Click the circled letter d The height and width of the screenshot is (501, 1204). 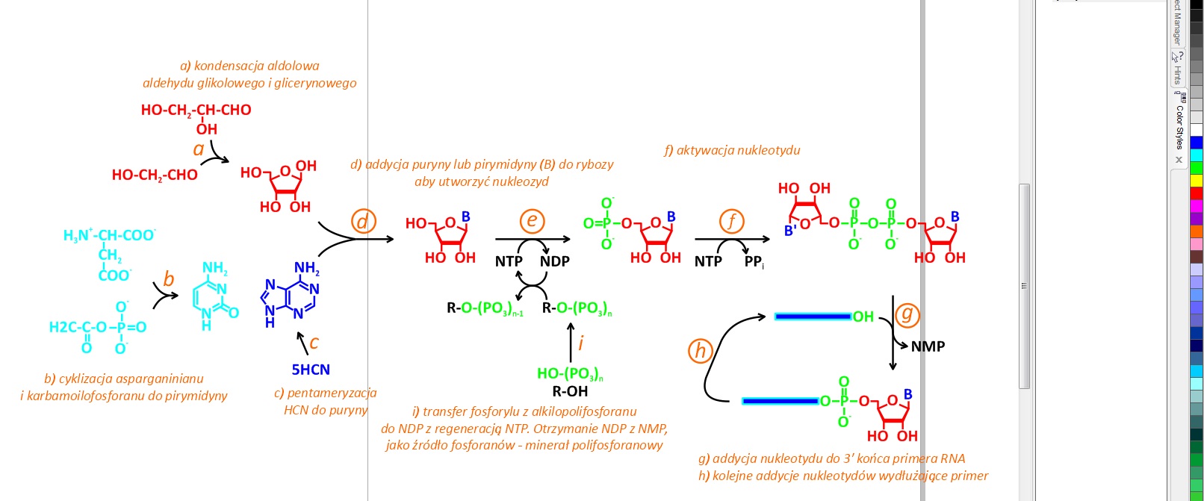363,221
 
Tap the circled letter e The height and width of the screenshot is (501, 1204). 532,220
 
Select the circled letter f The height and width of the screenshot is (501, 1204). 732,221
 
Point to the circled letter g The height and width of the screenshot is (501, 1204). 907,314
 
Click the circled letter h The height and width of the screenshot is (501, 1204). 701,350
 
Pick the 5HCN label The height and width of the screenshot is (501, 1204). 311,370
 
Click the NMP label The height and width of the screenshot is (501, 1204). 928,346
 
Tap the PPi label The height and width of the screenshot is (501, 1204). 754,262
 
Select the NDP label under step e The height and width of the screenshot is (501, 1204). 555,261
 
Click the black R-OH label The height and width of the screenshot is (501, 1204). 570,391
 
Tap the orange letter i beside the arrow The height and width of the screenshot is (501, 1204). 581,343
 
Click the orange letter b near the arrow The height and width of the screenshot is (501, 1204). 169,279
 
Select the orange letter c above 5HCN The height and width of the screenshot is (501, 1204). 314,343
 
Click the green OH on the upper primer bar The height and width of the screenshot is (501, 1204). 863,317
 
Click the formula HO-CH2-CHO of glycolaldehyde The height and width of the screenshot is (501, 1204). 155,175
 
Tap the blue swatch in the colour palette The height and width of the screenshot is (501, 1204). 1197,143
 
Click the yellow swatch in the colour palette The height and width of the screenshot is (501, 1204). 1197,181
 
